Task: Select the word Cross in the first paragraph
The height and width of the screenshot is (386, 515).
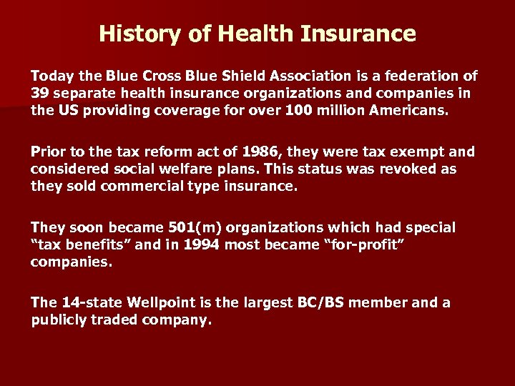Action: click(161, 76)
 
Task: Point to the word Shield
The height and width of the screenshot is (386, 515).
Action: click(242, 76)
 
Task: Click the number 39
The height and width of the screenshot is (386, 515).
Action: click(39, 94)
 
